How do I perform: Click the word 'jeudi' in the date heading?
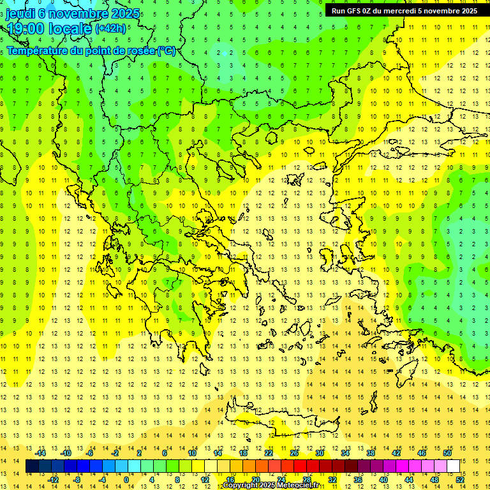pyautogui.click(x=20, y=13)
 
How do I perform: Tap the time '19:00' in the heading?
pyautogui.click(x=26, y=29)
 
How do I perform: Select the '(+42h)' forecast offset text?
pyautogui.click(x=110, y=29)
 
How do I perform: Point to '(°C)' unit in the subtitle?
pyautogui.click(x=166, y=50)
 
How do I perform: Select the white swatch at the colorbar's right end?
pyautogui.click(x=453, y=466)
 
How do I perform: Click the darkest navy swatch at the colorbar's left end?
pyautogui.click(x=32, y=466)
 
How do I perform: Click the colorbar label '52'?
pyautogui.click(x=460, y=480)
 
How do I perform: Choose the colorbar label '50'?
pyautogui.click(x=447, y=453)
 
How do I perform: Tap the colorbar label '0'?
pyautogui.click(x=126, y=480)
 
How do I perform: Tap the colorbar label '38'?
pyautogui.click(x=371, y=453)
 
